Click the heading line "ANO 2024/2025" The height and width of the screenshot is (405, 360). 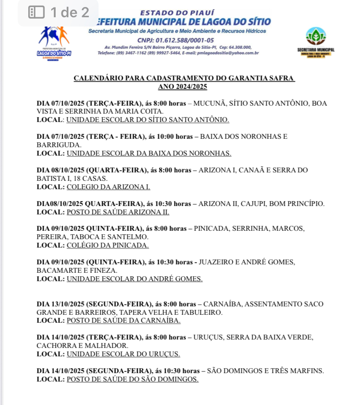click(182, 87)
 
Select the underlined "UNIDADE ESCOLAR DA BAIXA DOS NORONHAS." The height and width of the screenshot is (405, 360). click(149, 153)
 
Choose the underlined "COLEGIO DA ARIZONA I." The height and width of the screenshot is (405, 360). click(108, 187)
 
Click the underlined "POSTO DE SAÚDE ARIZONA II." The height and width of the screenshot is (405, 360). click(118, 212)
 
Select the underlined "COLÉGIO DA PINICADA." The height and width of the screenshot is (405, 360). click(107, 245)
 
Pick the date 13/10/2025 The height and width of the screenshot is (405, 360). click(68, 304)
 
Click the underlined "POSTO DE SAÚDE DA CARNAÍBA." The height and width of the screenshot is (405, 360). click(123, 321)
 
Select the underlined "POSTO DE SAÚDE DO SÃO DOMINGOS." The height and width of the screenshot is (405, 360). click(133, 379)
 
